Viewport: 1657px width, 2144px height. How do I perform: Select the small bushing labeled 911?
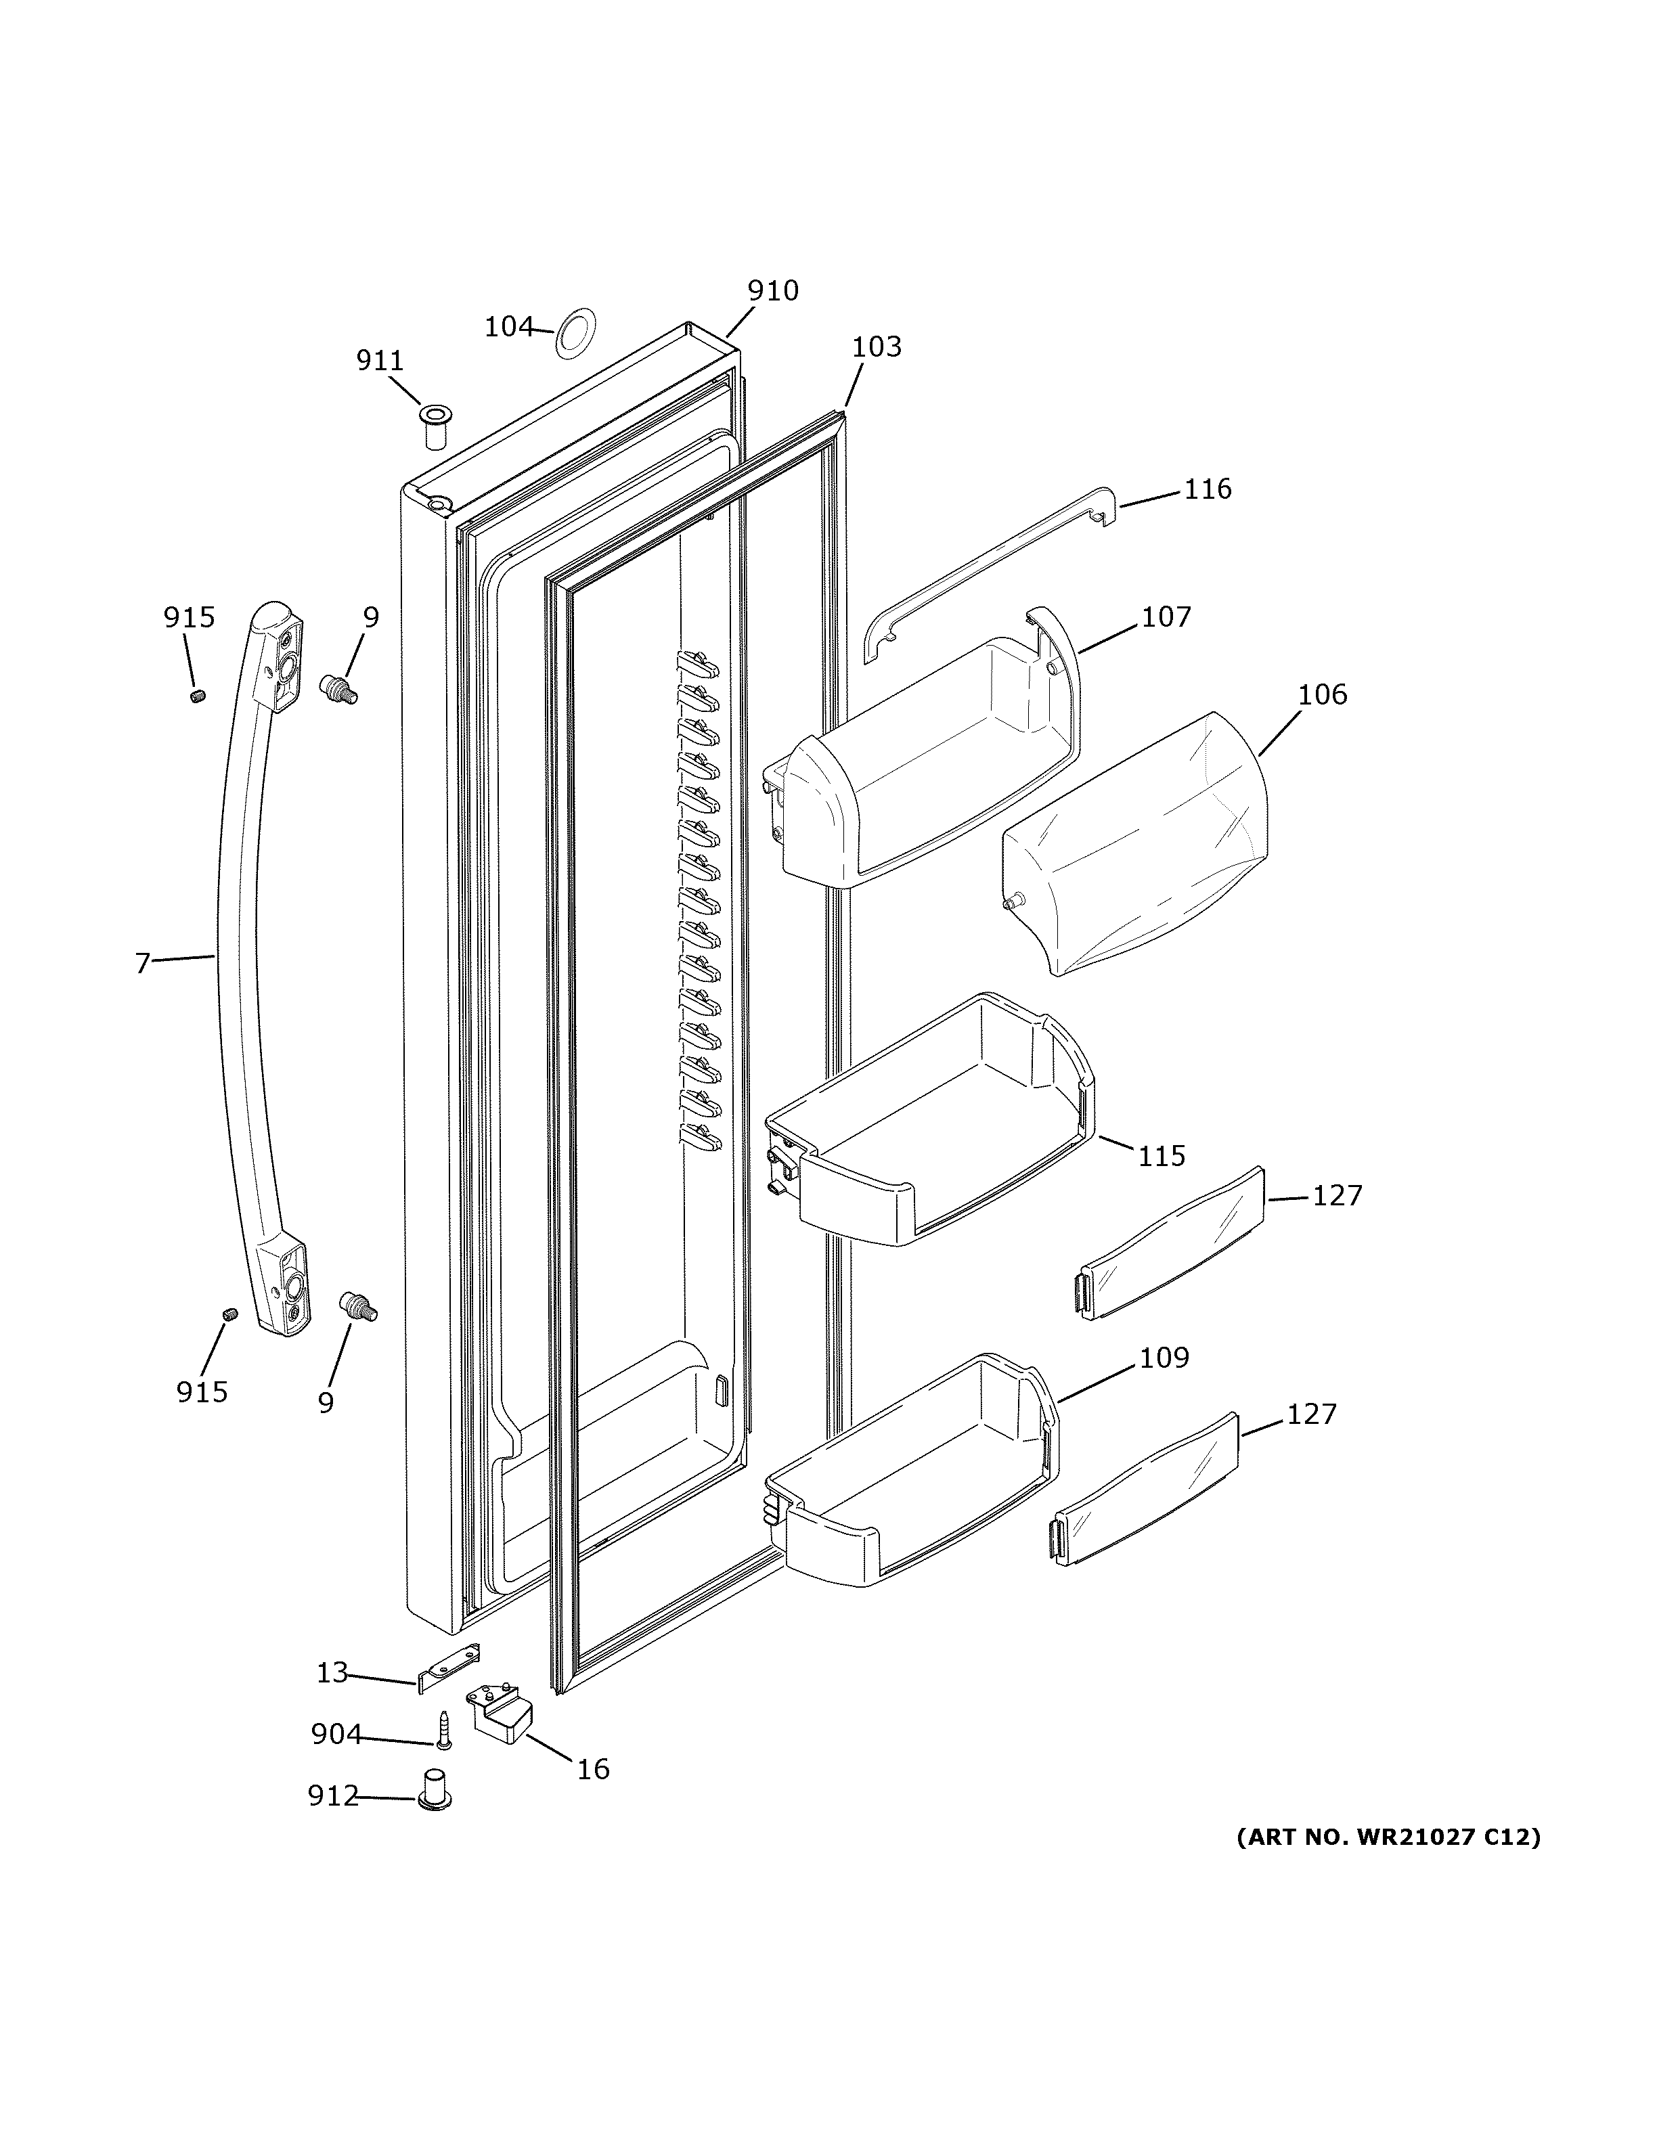(434, 424)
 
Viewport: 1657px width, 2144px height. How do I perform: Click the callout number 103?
(876, 347)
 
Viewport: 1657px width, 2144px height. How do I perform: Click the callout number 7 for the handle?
(143, 963)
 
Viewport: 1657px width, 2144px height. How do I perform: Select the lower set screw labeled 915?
(229, 1314)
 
